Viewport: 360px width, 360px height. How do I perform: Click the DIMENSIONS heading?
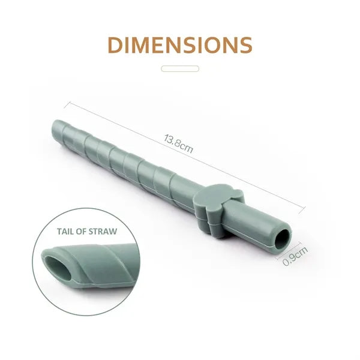click(x=180, y=45)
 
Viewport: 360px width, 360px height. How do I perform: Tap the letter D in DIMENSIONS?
click(x=115, y=45)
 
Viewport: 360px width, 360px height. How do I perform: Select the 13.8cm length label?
click(x=179, y=143)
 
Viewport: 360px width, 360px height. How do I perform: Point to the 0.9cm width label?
click(x=295, y=256)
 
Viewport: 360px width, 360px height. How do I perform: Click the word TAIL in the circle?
click(x=65, y=232)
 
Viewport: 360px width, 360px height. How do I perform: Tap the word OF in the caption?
click(x=81, y=232)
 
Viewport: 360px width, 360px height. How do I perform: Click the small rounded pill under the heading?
click(x=180, y=68)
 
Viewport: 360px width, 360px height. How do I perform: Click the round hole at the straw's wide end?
click(x=283, y=241)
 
